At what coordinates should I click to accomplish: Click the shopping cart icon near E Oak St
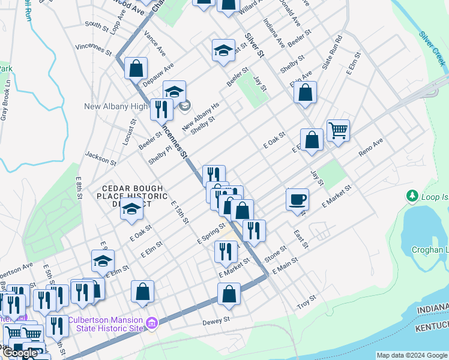click(x=339, y=130)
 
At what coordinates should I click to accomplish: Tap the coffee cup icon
click(x=298, y=199)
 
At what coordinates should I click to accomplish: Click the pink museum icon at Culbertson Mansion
click(x=152, y=324)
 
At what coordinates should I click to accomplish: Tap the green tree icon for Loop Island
click(x=412, y=196)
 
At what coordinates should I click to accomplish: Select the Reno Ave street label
click(x=370, y=147)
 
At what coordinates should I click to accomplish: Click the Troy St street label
click(x=307, y=302)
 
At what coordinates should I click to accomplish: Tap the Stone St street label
click(x=276, y=251)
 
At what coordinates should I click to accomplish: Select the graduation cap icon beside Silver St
click(x=223, y=50)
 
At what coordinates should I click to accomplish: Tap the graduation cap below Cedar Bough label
click(x=132, y=210)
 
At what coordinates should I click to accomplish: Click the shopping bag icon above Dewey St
click(x=229, y=293)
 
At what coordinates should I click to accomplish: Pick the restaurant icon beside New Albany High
click(x=161, y=109)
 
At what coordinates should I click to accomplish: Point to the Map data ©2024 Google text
click(x=412, y=355)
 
